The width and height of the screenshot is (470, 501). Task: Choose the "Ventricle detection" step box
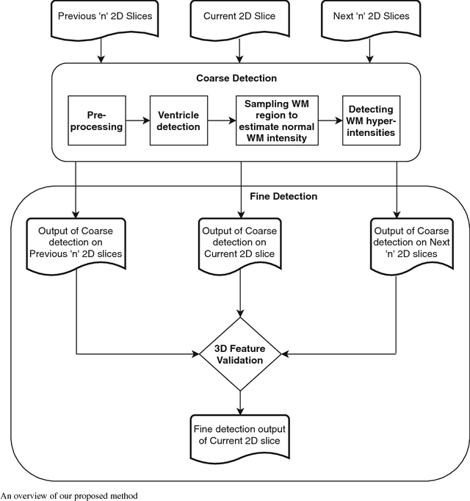tap(179, 120)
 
